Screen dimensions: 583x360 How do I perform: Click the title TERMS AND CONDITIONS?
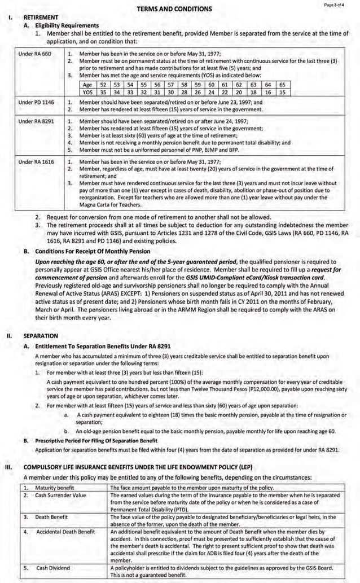(174, 8)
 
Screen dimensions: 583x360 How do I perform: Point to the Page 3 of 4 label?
(337, 5)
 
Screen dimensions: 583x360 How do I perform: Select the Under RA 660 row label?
(34, 54)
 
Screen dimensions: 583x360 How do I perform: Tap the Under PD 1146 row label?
(36, 103)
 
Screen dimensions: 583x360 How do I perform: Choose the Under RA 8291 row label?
(36, 121)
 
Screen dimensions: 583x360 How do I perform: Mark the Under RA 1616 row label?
(36, 162)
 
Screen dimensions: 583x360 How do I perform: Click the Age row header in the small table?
(87, 85)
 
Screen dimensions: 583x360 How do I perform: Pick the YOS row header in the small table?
(87, 92)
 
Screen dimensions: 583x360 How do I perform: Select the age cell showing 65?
(282, 85)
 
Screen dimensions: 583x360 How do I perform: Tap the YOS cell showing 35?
(103, 92)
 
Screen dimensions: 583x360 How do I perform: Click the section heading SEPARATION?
(40, 335)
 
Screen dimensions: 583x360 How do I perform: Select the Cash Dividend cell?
(53, 568)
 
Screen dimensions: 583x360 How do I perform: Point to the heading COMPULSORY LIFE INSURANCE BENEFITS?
(138, 467)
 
